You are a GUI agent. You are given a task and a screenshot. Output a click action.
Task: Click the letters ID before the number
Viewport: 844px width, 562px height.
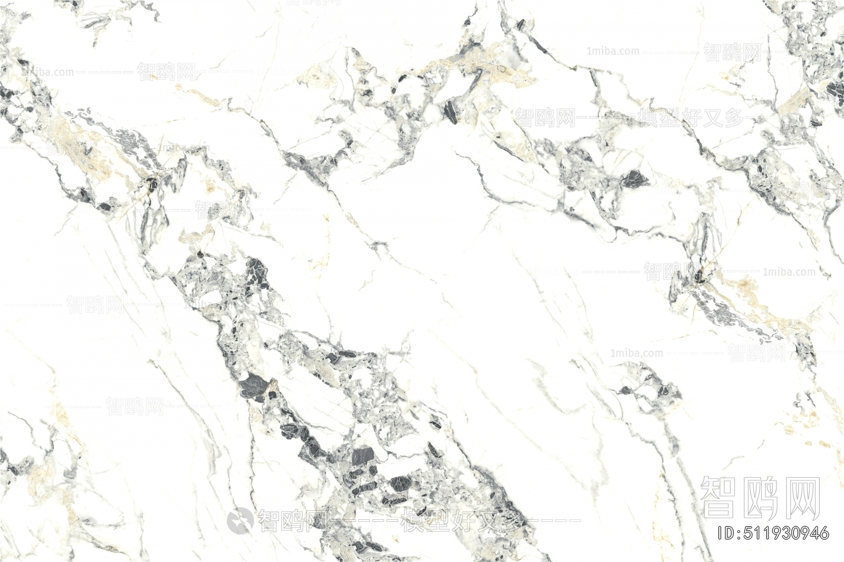click(727, 533)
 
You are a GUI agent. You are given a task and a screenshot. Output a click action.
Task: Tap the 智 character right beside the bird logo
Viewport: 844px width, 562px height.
click(270, 520)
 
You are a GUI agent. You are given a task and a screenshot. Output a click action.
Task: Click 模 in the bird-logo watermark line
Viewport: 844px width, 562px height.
click(413, 520)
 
